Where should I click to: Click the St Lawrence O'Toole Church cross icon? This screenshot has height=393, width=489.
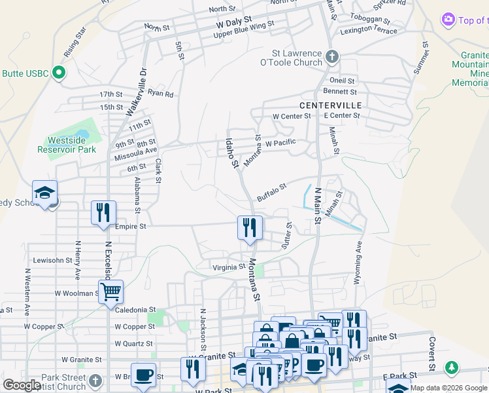coord(331,57)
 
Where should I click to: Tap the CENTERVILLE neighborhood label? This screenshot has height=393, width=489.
coord(330,105)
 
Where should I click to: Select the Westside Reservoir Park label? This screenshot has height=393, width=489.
coord(71,145)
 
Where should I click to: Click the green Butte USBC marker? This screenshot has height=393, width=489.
coord(58,73)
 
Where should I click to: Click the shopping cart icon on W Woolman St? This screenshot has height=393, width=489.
coord(111,291)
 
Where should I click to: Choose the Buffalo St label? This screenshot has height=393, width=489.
coord(271,191)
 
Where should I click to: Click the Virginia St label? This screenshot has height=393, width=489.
coord(229,267)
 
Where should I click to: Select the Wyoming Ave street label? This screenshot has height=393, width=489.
coord(358,262)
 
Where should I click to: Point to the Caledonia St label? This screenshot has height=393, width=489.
coord(135,309)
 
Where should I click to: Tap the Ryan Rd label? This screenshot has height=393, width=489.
coord(160,94)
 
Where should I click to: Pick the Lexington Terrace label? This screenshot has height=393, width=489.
coord(368,31)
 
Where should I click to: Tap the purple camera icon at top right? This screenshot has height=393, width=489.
coord(448,20)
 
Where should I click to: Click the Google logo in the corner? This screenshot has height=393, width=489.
coord(22,385)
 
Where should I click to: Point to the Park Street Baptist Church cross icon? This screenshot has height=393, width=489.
coord(95,381)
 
